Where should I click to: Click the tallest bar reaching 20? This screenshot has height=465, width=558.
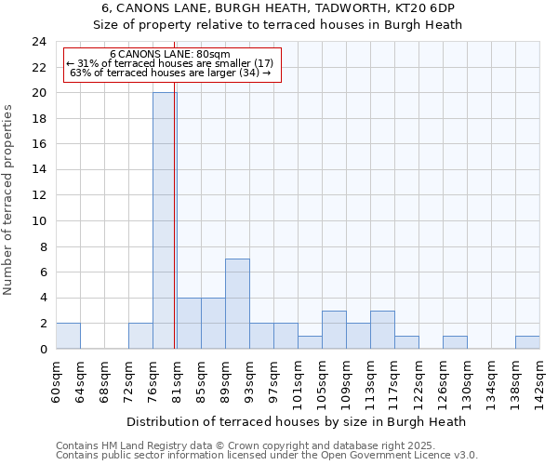165,220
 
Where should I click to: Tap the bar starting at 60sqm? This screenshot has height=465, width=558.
68,336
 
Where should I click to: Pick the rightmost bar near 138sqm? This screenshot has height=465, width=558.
527,342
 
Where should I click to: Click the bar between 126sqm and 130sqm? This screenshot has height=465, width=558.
455,342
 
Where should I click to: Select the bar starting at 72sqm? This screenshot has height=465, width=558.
140,336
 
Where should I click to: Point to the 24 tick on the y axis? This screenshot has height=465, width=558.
39,42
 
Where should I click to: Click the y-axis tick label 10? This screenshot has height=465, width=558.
39,221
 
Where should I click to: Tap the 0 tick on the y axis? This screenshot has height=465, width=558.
43,350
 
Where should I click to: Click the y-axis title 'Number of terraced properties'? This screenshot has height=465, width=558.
9,200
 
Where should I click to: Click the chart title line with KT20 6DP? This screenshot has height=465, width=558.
280,7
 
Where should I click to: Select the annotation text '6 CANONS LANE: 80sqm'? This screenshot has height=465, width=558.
170,55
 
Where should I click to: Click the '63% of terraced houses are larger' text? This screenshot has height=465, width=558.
170,73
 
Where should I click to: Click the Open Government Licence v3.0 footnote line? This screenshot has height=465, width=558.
267,456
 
